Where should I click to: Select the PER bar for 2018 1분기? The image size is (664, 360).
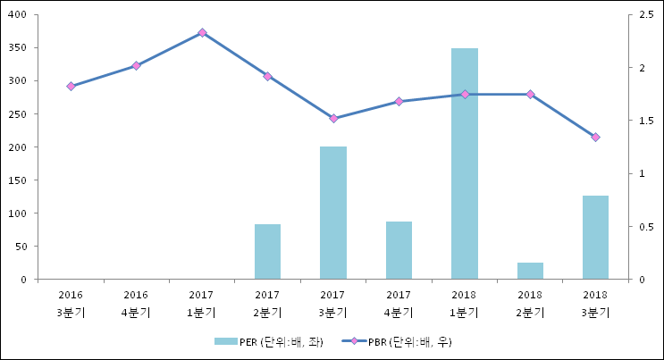click(464, 163)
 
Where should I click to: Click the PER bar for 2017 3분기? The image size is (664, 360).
click(333, 213)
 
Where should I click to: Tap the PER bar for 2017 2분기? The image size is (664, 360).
click(267, 252)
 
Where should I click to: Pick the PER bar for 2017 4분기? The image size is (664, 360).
click(399, 250)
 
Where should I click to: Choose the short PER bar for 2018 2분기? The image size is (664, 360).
click(530, 271)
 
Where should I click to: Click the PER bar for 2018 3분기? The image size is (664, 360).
click(595, 238)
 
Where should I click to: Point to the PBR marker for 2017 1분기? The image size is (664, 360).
click(202, 32)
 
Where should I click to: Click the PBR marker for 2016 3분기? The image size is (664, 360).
click(71, 86)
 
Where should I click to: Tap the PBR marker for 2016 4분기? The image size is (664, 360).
click(136, 65)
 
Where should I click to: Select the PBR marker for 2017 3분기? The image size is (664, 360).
click(333, 118)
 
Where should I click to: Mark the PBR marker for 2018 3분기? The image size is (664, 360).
click(595, 137)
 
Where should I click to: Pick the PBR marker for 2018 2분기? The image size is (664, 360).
click(530, 94)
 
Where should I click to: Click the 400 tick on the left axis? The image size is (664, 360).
click(18, 14)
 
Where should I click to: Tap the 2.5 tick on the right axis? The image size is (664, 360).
click(641, 14)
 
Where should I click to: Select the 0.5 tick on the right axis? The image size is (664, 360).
click(641, 227)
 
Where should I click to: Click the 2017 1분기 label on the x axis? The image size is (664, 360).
click(202, 303)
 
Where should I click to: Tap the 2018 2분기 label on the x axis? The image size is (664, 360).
click(530, 303)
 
